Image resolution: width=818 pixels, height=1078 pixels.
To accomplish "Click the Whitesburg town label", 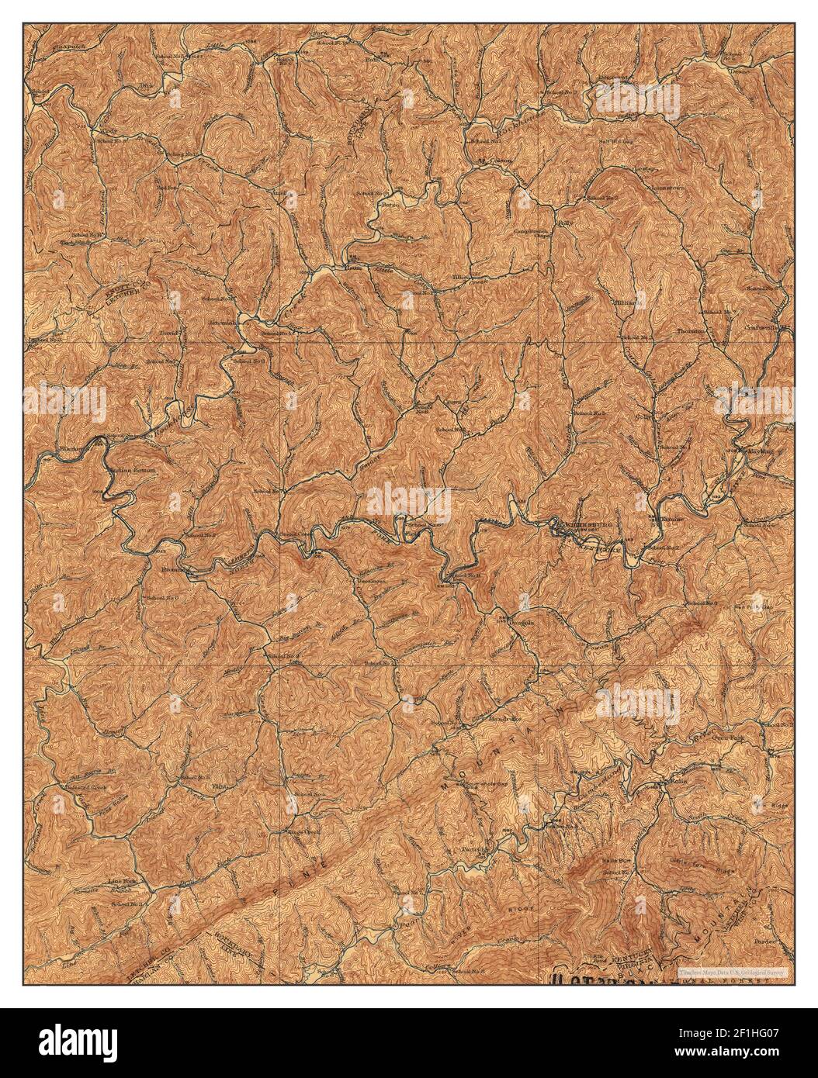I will tap(588, 524).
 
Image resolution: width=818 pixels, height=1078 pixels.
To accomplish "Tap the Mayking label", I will tap(757, 450).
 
